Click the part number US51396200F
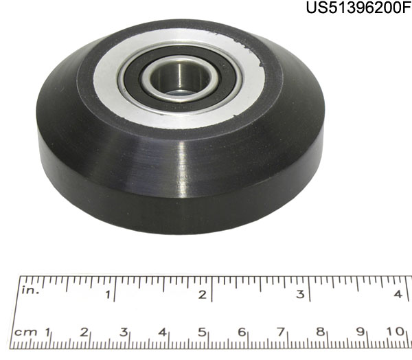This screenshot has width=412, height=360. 358,7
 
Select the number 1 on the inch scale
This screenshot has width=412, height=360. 108,295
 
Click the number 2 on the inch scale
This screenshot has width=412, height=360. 203,295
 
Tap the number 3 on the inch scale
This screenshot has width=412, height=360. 300,294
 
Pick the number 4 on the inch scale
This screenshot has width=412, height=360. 398,294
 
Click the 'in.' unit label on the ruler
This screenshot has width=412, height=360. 30,290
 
